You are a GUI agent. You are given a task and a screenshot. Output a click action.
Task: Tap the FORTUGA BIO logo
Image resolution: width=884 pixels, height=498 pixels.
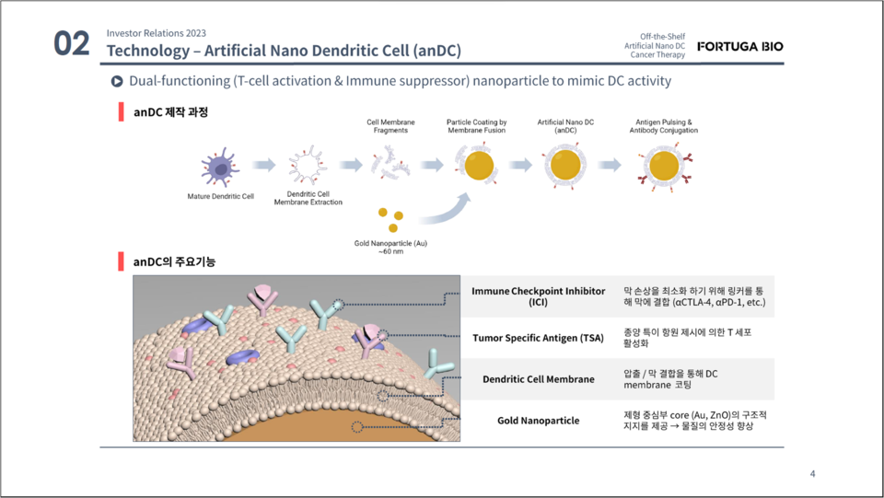point(740,46)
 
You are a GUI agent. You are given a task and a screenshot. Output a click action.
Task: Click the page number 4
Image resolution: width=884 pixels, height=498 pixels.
point(812,474)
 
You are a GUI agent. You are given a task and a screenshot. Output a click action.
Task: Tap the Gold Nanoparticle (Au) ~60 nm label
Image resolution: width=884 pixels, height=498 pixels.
point(391,247)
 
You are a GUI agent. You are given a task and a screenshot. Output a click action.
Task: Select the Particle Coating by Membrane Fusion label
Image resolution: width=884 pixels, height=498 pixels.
point(478,126)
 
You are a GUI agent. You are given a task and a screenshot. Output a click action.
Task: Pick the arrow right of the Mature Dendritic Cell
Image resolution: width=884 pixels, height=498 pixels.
point(264,165)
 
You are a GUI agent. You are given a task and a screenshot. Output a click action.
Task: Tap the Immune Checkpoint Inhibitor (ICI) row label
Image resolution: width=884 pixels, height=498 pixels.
point(538,296)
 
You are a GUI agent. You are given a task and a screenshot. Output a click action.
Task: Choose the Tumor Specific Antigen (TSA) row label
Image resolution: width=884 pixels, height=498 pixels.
point(539,338)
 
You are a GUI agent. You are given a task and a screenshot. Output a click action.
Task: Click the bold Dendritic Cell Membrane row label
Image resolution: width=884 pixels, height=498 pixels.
point(539,378)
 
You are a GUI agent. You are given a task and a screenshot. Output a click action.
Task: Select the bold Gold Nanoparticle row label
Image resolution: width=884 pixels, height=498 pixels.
point(539,420)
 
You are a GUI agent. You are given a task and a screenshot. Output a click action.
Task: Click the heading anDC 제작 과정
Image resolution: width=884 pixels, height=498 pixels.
point(170,112)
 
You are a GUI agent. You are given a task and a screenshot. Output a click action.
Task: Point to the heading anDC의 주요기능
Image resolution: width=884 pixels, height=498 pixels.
point(174,261)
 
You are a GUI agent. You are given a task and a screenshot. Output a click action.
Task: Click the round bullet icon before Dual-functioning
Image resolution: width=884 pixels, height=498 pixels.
point(117,81)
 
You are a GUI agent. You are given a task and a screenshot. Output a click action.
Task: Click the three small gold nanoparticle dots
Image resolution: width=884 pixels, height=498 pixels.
point(390,219)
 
